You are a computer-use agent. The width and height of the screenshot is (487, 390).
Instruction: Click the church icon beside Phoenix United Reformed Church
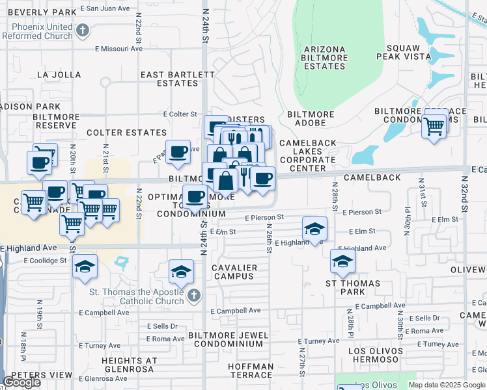82,31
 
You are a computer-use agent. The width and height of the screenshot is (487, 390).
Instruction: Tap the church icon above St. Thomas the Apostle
193,296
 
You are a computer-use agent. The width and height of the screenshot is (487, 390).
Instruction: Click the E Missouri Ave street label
118,48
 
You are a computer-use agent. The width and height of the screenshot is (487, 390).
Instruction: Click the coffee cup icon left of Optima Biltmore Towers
195,196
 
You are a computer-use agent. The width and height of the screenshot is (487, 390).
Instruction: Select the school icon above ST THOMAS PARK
342,261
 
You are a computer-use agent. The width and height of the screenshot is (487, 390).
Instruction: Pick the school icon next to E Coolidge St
85,267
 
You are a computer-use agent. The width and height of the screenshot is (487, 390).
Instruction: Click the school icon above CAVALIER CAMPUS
181,271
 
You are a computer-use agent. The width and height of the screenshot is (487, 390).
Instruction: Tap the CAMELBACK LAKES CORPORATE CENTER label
308,155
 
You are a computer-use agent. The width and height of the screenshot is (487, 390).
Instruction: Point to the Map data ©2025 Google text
447,385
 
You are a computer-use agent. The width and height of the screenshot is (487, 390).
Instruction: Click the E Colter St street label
180,114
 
